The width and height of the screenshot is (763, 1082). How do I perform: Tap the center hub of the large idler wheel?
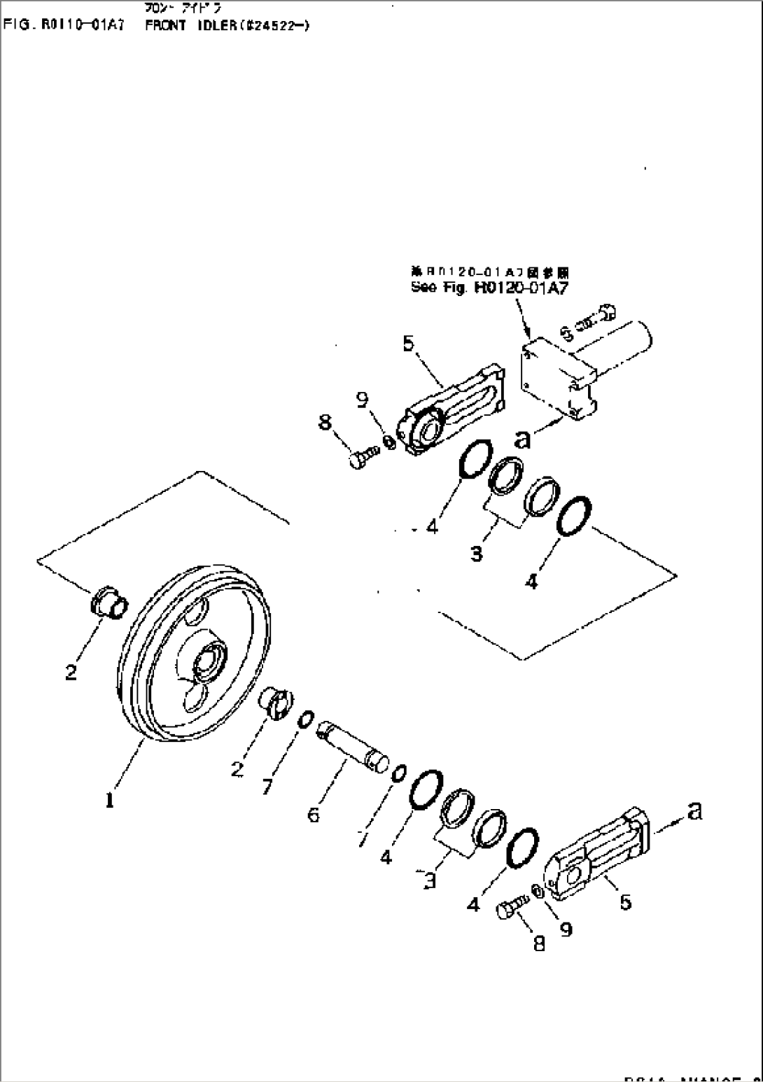[209, 660]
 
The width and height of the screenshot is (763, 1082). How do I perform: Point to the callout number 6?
[314, 815]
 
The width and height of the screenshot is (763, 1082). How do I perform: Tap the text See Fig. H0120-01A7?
[480, 287]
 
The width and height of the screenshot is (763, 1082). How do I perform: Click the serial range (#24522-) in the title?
[276, 26]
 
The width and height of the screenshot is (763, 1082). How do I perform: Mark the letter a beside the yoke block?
[522, 439]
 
